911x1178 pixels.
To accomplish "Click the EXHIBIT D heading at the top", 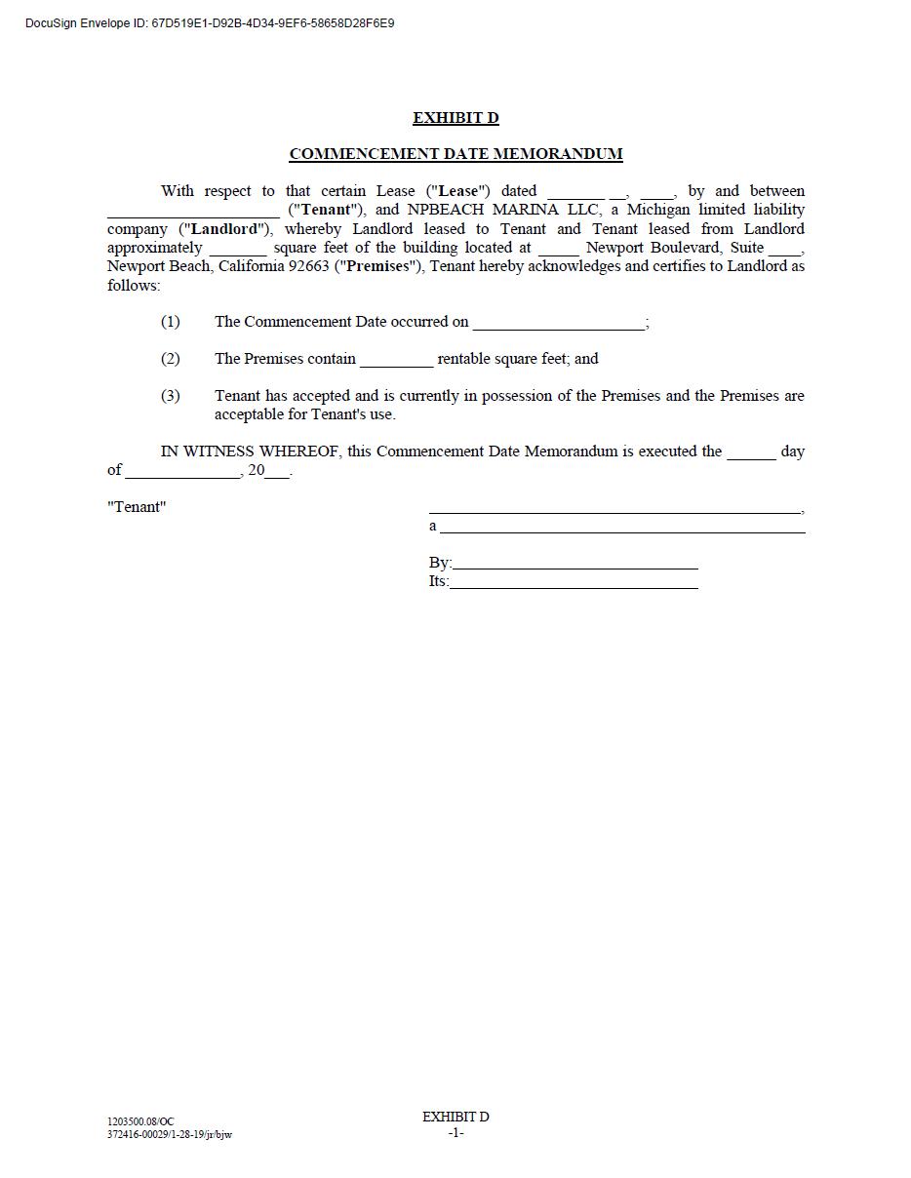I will pyautogui.click(x=455, y=118).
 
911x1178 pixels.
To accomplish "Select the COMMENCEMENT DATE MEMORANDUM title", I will pyautogui.click(x=455, y=154).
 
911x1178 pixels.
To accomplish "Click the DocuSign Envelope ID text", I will pyautogui.click(x=210, y=22).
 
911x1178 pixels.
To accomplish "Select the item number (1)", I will pyautogui.click(x=171, y=322).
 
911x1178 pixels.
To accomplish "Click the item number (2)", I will pyautogui.click(x=171, y=359).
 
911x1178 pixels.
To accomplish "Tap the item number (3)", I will pyautogui.click(x=171, y=396).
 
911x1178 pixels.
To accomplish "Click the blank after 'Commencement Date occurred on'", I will pyautogui.click(x=558, y=325).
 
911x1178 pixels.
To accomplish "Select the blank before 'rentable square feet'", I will pyautogui.click(x=396, y=362).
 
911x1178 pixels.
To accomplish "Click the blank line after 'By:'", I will pyautogui.click(x=575, y=565).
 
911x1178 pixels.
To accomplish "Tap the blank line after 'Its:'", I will pyautogui.click(x=574, y=584).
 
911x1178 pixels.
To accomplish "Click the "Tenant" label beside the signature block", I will pyautogui.click(x=137, y=507).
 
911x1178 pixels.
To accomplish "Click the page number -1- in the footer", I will pyautogui.click(x=455, y=1133).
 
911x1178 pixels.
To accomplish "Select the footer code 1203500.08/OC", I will pyautogui.click(x=140, y=1122).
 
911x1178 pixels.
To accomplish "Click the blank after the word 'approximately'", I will pyautogui.click(x=237, y=250).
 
